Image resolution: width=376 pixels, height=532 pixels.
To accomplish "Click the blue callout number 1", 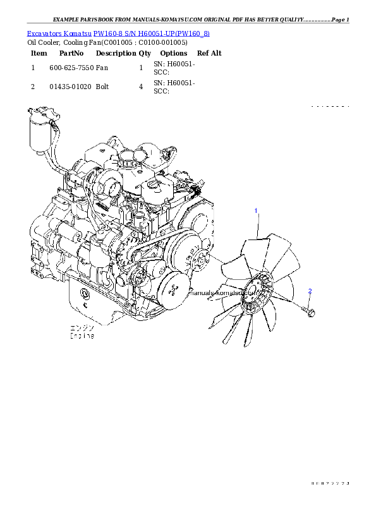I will click(x=256, y=210).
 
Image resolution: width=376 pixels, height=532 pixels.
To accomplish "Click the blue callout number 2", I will click(x=310, y=291).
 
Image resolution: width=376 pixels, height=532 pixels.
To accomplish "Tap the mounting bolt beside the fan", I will click(x=310, y=311).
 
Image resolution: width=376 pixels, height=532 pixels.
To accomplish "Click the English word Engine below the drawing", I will click(x=82, y=336).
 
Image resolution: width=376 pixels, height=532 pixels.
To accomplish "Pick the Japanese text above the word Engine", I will click(x=82, y=329).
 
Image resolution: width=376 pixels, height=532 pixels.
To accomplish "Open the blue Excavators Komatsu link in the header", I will click(x=118, y=33).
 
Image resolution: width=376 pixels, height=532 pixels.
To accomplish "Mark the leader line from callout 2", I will click(x=310, y=299).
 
